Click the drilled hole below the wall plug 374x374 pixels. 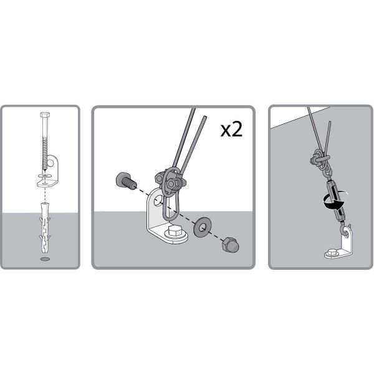tap(45, 259)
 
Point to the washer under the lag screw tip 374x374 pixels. tap(45, 176)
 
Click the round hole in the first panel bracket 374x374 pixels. tap(50, 163)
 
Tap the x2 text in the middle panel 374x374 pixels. tap(231, 130)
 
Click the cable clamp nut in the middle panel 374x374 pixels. tap(171, 183)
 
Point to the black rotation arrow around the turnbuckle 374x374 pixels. tap(334, 202)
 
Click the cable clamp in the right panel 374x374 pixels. tap(320, 158)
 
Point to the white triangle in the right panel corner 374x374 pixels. tap(298, 117)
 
